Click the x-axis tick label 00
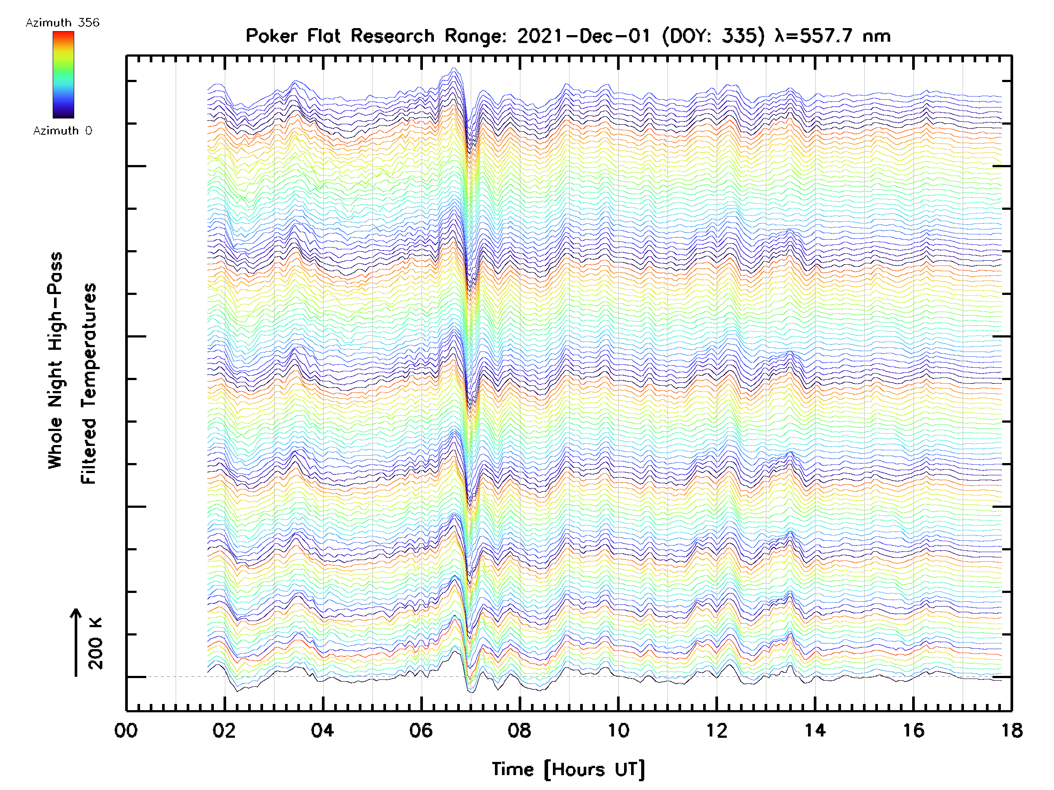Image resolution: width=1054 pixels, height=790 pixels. click(x=126, y=730)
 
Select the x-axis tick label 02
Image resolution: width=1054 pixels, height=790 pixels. click(x=224, y=730)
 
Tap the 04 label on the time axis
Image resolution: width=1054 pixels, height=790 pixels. click(x=323, y=730)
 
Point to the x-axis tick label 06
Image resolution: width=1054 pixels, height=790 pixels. click(x=421, y=730)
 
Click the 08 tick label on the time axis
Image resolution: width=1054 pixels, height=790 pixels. click(x=520, y=730)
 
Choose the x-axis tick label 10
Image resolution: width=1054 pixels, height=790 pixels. click(x=618, y=730)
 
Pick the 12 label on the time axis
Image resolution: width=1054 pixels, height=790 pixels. click(x=717, y=730)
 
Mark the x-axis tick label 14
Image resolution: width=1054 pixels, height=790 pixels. click(x=815, y=730)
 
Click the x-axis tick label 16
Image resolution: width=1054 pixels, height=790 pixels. click(x=913, y=730)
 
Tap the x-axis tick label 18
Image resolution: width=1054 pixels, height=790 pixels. click(x=1011, y=730)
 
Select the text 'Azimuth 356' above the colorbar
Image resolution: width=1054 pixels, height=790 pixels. click(x=62, y=23)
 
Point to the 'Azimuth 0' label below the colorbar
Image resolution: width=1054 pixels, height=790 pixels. click(x=62, y=131)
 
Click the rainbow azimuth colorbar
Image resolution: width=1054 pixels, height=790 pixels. click(x=63, y=75)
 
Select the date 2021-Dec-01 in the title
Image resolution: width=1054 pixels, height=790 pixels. click(x=584, y=36)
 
